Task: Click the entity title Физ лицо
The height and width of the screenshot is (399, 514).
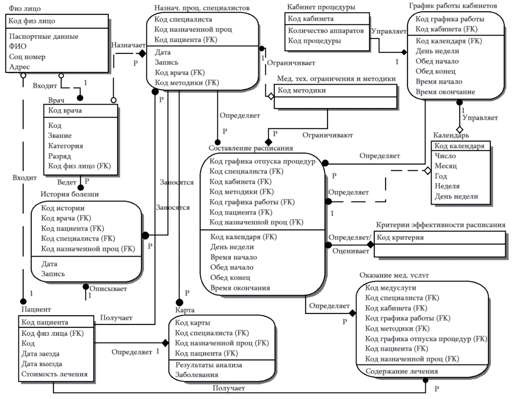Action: [x=25, y=8]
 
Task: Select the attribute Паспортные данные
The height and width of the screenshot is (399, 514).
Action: [x=44, y=36]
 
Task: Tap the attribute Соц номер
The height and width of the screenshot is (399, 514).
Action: [x=27, y=57]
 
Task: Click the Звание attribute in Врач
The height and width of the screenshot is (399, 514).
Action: [x=60, y=135]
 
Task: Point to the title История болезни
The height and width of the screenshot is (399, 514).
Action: [x=70, y=194]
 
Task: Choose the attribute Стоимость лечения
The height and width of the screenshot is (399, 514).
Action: [x=54, y=374]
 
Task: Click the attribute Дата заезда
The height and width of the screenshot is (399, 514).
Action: [x=40, y=354]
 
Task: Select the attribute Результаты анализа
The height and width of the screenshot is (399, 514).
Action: [x=209, y=365]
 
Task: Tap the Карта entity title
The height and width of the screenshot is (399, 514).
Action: [x=185, y=310]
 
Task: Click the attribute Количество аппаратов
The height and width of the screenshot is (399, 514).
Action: [x=326, y=31]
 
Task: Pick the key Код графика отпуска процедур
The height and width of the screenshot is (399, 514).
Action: [x=262, y=161]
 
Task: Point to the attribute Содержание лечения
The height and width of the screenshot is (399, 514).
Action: [x=402, y=371]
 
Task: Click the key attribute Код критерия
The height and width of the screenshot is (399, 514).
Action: [x=400, y=238]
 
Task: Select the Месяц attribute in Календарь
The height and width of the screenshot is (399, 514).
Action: [x=445, y=166]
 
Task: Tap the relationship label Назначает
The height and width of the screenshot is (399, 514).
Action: [x=128, y=45]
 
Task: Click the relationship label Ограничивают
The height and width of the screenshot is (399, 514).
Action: [x=327, y=135]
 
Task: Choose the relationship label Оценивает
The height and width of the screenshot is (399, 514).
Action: [x=350, y=251]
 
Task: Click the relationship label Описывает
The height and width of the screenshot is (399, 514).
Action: [x=108, y=289]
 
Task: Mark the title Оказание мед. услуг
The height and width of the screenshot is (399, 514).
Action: [x=394, y=275]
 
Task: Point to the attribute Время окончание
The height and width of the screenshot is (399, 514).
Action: [x=445, y=92]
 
